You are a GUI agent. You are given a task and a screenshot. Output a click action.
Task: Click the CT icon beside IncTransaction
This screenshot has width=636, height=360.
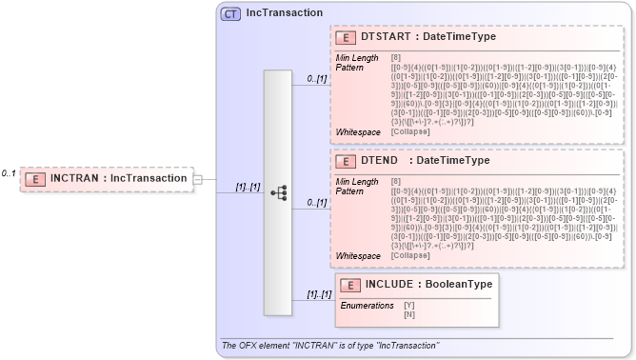coord(230,13)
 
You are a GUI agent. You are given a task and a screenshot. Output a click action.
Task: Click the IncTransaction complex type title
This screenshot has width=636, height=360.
coord(285,13)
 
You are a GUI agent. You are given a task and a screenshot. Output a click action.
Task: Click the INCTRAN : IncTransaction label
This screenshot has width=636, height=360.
coord(118,178)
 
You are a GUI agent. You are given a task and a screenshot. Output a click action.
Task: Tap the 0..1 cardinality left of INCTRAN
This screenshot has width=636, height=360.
coord(9,173)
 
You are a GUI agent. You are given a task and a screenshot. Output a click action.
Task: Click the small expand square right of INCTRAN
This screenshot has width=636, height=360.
coord(197,178)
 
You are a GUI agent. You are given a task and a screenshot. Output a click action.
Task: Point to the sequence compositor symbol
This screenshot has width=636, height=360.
coord(279,192)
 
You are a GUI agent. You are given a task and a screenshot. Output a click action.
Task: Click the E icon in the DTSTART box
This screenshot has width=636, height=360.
coord(348,37)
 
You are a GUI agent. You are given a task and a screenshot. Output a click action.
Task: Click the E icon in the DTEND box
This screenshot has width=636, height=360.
coord(348,162)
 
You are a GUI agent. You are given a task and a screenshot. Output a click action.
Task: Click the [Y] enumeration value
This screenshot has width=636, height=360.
coord(409,305)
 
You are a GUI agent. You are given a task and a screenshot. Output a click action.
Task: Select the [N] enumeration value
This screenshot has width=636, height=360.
coord(409,314)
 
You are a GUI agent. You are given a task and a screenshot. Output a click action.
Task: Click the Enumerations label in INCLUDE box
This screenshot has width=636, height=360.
coord(368,305)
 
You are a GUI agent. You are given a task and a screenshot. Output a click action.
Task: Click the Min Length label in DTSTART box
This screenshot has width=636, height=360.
coord(359,58)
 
